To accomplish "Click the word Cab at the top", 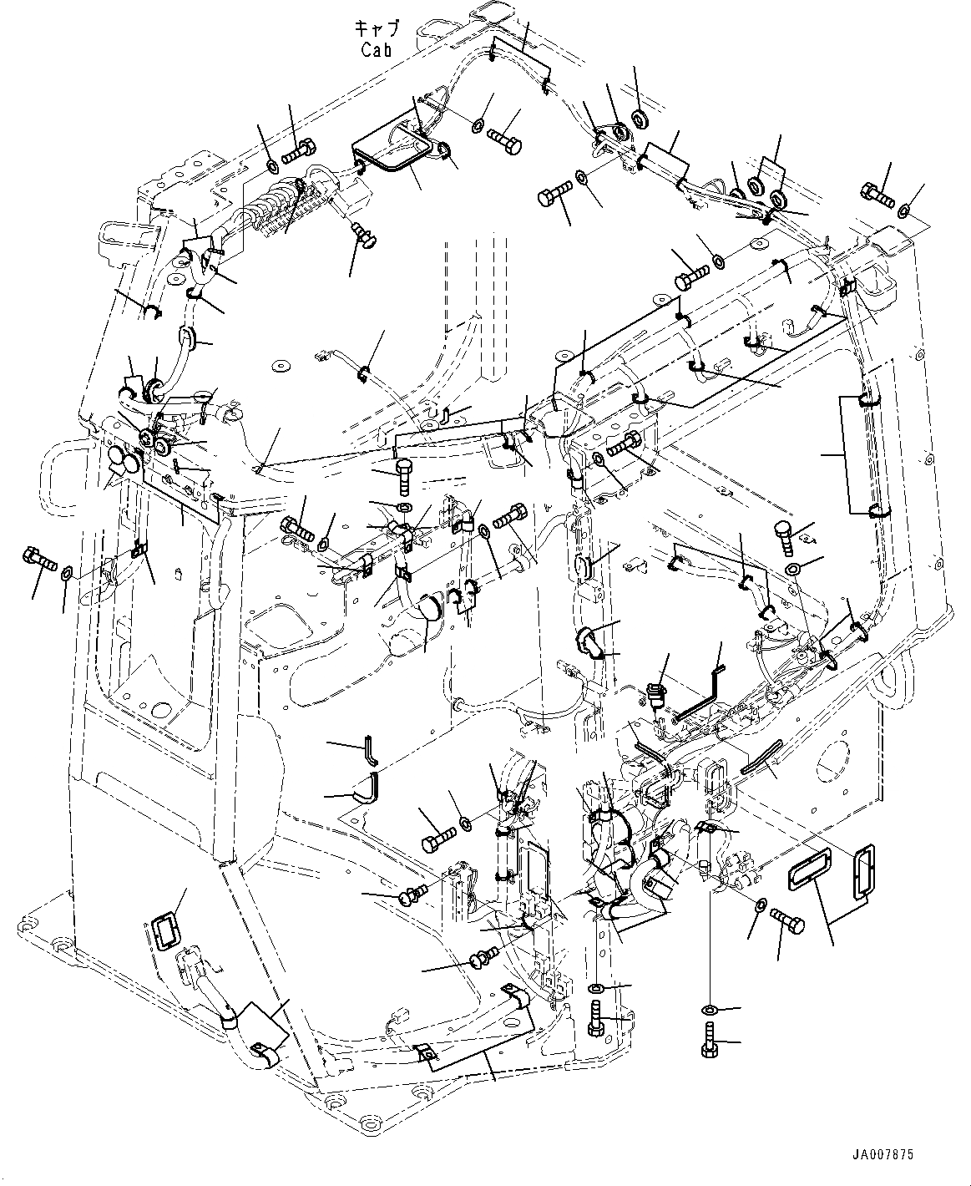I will [376, 49].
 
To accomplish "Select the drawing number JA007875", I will [882, 1155].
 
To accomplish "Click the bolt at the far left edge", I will [39, 557].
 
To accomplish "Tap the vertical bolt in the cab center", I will [406, 475].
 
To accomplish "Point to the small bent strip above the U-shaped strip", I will [370, 749].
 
